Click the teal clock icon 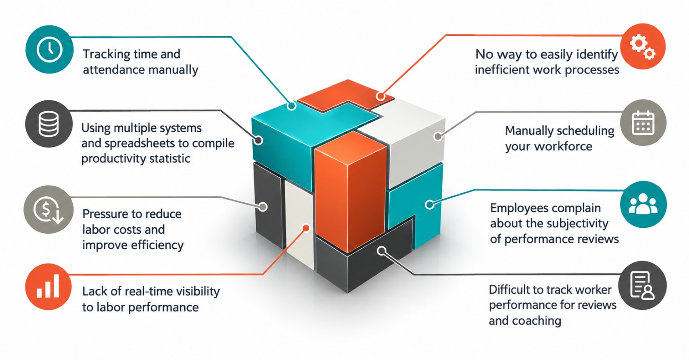click(x=50, y=49)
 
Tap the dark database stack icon click(x=49, y=124)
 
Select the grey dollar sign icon click(x=49, y=210)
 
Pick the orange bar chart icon click(x=48, y=286)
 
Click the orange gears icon click(x=642, y=47)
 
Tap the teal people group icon click(x=643, y=204)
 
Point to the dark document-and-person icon click(x=642, y=285)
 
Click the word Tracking click(x=107, y=54)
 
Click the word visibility click(x=194, y=292)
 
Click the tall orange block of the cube click(x=351, y=192)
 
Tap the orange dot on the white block click(x=306, y=228)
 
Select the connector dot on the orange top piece click(x=381, y=96)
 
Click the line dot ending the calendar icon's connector click(x=438, y=136)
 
